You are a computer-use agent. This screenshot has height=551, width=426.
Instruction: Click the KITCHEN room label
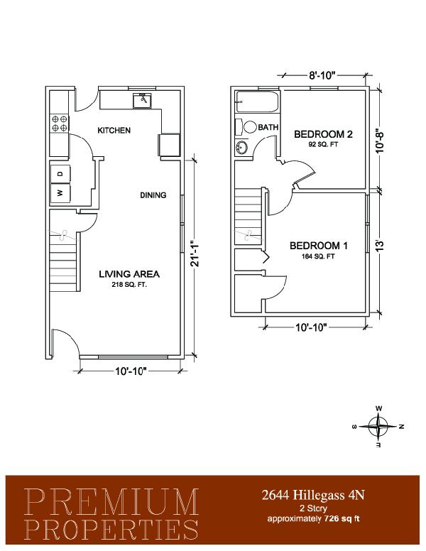coord(114,131)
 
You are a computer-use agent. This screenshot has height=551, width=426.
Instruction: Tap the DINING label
coord(153,195)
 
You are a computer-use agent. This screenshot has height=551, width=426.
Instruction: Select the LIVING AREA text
coord(129,274)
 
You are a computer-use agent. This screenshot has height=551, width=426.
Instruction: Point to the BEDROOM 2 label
coord(323,134)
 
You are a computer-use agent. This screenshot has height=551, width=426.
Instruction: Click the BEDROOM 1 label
coord(319,246)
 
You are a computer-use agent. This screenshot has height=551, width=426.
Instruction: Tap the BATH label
coord(268,127)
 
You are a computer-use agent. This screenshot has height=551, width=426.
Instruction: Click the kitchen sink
coord(143,101)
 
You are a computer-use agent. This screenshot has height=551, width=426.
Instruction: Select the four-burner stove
coord(60,124)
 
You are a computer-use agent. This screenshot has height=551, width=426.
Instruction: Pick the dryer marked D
coord(60,174)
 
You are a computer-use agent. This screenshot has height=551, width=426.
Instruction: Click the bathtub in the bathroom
coord(257,102)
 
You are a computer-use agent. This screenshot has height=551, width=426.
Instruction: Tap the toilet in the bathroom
coord(246,127)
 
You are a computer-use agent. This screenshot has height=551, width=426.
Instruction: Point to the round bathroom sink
coord(242,147)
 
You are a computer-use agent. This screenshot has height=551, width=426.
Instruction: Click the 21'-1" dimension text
coord(195,253)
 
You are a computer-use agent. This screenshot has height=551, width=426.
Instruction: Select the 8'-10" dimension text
coord(322,75)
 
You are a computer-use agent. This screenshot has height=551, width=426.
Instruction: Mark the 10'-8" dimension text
coord(380,139)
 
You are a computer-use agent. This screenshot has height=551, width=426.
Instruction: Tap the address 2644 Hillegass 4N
coord(313,495)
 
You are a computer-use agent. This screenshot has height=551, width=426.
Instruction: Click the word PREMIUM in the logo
coord(111,502)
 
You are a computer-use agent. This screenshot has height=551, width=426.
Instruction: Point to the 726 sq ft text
coord(342,518)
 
